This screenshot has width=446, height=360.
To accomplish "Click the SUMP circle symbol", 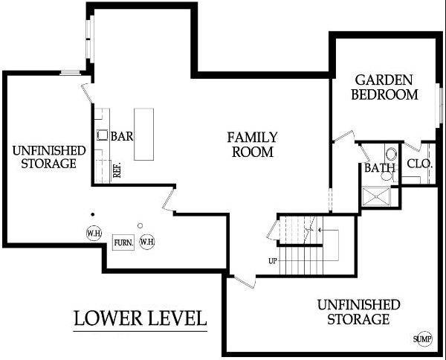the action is click(x=423, y=339).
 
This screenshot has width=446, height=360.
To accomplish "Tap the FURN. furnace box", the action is click(x=123, y=242).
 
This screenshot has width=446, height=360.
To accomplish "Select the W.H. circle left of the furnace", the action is click(x=94, y=234).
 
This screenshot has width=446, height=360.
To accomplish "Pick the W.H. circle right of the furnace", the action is click(x=146, y=242).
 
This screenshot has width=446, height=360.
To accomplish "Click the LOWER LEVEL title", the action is click(x=140, y=318).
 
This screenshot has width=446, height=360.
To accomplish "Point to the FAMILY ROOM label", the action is click(x=252, y=144).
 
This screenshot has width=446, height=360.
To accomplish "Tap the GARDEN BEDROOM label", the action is click(x=384, y=87).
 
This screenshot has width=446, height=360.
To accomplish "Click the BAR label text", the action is click(x=122, y=136).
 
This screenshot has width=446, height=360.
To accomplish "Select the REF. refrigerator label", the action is click(x=117, y=170).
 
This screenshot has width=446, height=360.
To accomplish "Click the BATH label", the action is click(x=380, y=167).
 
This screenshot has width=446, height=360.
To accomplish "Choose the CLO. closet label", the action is click(x=420, y=164).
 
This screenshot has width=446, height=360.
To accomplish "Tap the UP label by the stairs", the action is click(x=273, y=260).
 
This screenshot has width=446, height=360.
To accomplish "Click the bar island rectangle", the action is click(x=144, y=134).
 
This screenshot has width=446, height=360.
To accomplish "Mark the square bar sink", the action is click(x=102, y=135).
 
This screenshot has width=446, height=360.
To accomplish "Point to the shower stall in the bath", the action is click(x=377, y=196).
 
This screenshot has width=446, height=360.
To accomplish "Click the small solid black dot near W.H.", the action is click(x=92, y=214).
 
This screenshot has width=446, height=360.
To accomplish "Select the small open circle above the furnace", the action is click(x=140, y=225).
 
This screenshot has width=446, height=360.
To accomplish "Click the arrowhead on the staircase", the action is click(x=320, y=229).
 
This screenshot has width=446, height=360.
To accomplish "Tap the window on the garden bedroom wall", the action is click(x=440, y=106).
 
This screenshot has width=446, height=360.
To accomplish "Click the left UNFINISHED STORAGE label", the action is click(x=49, y=157).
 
